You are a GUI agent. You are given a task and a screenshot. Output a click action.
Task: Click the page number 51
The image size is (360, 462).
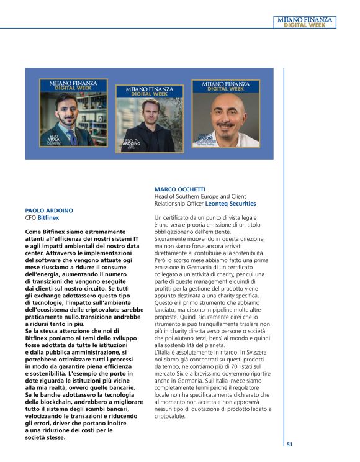[289, 444]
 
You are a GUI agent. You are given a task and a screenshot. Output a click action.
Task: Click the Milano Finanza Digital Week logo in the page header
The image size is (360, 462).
[304, 22]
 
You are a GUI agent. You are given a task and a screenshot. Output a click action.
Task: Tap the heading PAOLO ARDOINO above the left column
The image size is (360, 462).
[49, 211]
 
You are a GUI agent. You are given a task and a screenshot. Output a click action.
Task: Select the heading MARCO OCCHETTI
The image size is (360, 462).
[180, 189]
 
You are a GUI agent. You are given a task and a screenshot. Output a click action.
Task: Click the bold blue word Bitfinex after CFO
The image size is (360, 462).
[48, 219]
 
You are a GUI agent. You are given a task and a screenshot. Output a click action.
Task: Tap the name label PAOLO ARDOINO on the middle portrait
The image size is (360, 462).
[132, 142]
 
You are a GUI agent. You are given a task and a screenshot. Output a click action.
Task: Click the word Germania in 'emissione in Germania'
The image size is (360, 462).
[199, 268]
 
